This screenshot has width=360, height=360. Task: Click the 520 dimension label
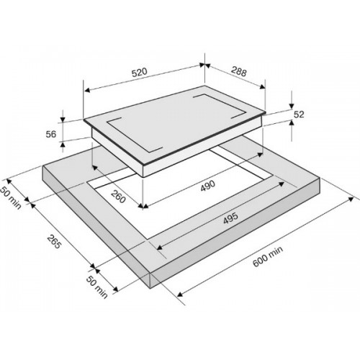[140, 72]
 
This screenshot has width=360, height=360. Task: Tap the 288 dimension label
[239, 71]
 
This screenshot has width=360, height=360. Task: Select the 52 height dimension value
[299, 114]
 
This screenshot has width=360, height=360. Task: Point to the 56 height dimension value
[51, 134]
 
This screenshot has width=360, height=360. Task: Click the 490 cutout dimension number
[208, 186]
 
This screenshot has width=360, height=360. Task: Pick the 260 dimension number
[118, 196]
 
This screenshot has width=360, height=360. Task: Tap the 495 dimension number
[230, 218]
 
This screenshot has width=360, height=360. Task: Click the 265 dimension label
[54, 241]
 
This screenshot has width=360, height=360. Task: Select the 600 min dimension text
[268, 256]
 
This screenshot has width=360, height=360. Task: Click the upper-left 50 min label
[11, 198]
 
